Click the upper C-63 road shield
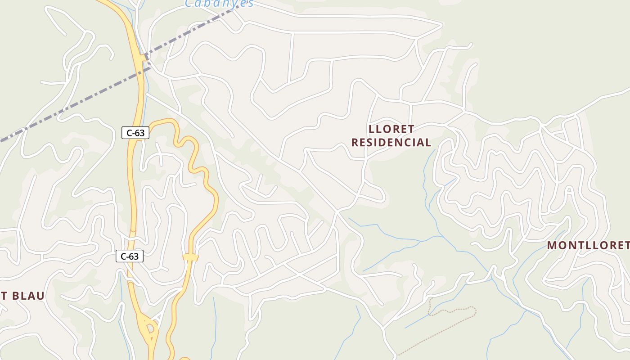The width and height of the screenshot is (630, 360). click(135, 133)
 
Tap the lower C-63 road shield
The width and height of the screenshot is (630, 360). click(130, 256)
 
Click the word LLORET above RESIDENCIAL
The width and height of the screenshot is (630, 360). click(391, 129)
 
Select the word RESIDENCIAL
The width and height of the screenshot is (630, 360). click(391, 143)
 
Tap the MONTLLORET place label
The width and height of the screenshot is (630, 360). click(588, 245)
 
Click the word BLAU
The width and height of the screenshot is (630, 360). click(28, 296)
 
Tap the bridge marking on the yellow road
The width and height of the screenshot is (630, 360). click(190, 257)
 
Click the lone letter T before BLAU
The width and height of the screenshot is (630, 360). click(3, 296)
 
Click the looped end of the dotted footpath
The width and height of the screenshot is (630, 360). click(472, 309)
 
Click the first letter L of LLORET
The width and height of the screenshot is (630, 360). click(372, 129)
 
